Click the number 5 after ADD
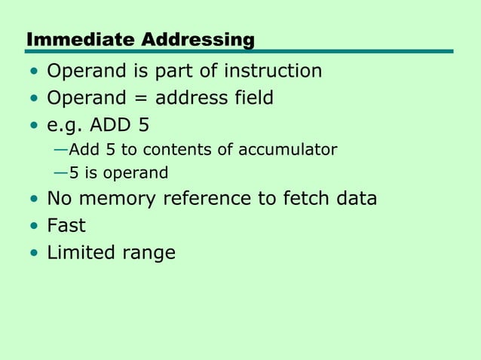(x=144, y=124)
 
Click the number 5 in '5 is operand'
(x=73, y=173)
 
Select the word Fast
(x=66, y=225)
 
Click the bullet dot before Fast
(x=33, y=226)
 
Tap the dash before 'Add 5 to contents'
(x=60, y=150)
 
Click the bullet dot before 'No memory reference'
(x=33, y=200)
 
